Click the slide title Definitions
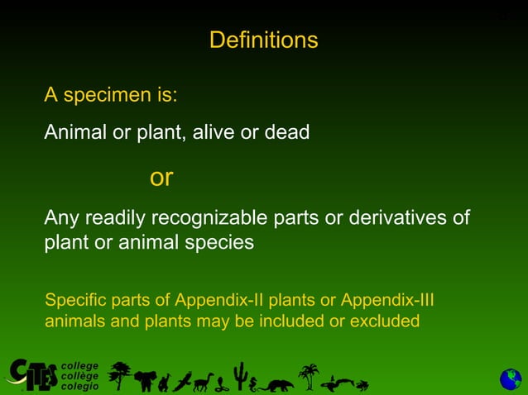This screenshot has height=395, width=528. click(x=263, y=40)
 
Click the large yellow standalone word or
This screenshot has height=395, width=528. click(x=161, y=177)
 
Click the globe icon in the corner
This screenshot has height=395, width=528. click(x=510, y=379)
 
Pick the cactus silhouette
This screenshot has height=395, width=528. click(x=239, y=376)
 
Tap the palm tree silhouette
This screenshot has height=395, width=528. click(x=309, y=376)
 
